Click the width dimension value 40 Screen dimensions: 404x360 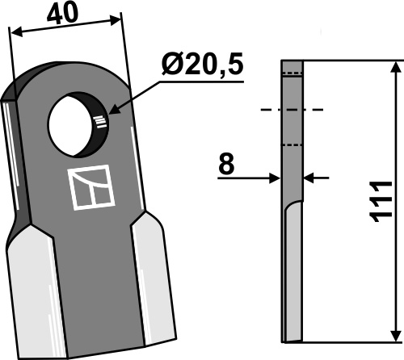pyautogui.click(x=62, y=13)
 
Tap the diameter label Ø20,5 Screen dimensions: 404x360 pyautogui.click(x=203, y=65)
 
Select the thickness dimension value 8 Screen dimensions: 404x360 pyautogui.click(x=226, y=164)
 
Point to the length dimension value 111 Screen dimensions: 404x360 pyautogui.click(x=381, y=202)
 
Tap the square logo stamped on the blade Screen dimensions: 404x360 pyautogui.click(x=91, y=187)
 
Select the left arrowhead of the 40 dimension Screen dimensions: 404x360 pyautogui.click(x=16, y=33)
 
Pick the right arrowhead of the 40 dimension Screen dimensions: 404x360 pyautogui.click(x=116, y=20)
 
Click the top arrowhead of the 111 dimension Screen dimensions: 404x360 pyautogui.click(x=396, y=67)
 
